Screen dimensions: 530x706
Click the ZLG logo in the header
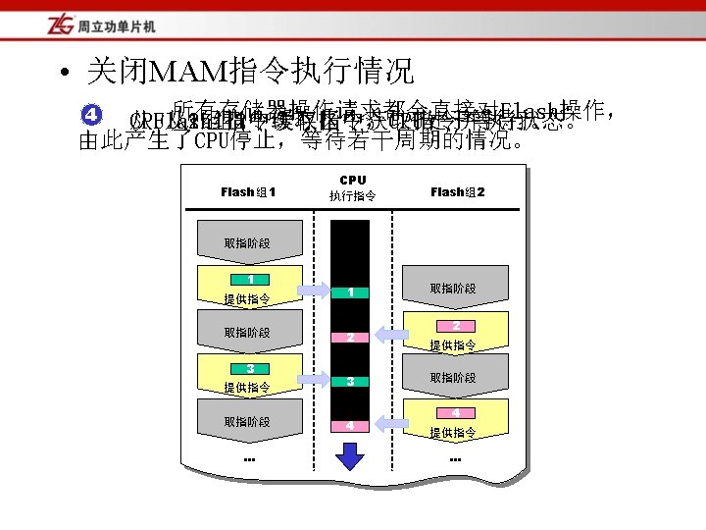point(31,23)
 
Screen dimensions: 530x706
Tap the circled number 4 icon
point(89,116)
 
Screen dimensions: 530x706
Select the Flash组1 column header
point(248,191)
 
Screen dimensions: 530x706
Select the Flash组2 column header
point(457,191)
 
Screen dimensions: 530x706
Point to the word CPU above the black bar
point(352,181)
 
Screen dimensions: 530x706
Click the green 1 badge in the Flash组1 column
point(250,280)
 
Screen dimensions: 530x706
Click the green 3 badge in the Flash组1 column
point(250,368)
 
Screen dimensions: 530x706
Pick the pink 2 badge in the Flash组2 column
point(456,325)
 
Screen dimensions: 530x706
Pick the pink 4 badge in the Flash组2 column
point(456,413)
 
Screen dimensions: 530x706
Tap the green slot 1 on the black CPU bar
point(350,291)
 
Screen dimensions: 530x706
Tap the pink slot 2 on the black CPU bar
point(350,337)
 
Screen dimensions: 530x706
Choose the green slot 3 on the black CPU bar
point(350,381)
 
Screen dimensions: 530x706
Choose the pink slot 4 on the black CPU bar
point(350,425)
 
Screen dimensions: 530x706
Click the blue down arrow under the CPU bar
point(350,455)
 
